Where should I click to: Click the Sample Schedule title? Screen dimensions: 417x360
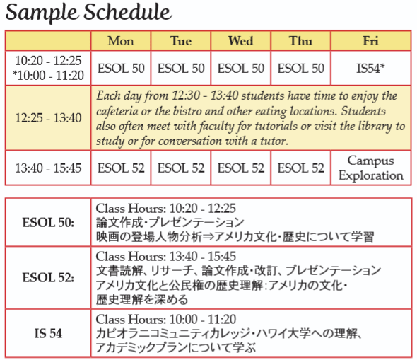coord(88,13)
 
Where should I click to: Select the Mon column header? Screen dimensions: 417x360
coord(121,41)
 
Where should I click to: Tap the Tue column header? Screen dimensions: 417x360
coord(181,41)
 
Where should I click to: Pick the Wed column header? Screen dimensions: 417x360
coord(241,41)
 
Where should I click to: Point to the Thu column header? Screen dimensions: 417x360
coord(301,41)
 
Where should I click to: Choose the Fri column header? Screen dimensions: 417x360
coord(371,41)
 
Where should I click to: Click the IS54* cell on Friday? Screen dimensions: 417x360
coord(370,69)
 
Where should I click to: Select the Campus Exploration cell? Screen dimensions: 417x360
coord(371,168)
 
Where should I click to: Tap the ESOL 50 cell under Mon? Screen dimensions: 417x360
coord(121,69)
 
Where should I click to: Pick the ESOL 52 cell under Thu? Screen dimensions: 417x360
coord(301,168)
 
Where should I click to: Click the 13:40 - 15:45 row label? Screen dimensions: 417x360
coord(48,168)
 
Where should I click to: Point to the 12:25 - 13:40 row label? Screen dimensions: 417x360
coord(48,118)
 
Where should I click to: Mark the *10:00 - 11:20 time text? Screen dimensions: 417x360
coord(48,76)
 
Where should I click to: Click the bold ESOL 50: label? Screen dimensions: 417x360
coord(48,223)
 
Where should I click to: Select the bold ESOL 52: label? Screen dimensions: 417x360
coord(48,277)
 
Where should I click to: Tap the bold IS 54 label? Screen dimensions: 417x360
coord(48,333)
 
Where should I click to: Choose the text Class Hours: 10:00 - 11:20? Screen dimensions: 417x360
coord(165,319)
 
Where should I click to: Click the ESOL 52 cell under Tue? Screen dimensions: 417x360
coord(181,168)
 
